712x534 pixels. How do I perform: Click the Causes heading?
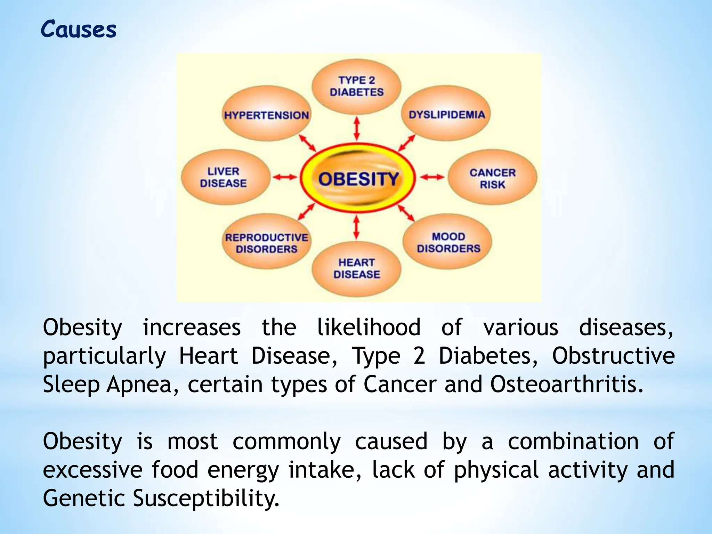point(79,29)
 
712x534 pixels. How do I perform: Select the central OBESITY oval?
point(358,179)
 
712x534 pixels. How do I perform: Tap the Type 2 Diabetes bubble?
point(357,86)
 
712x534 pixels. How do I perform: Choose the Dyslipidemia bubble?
point(447,114)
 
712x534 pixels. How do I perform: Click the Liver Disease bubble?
point(224,177)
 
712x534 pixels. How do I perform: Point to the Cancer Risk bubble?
point(492,178)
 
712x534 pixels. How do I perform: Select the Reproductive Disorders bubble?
point(267,243)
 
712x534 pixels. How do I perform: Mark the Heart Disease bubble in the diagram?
point(357,268)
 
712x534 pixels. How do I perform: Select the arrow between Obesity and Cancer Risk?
point(432,178)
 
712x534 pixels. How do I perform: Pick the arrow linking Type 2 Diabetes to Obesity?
point(357,129)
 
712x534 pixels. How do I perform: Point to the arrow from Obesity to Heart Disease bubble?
point(356,227)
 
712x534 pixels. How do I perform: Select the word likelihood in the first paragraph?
point(369,327)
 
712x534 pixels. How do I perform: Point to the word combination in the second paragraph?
point(573,441)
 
